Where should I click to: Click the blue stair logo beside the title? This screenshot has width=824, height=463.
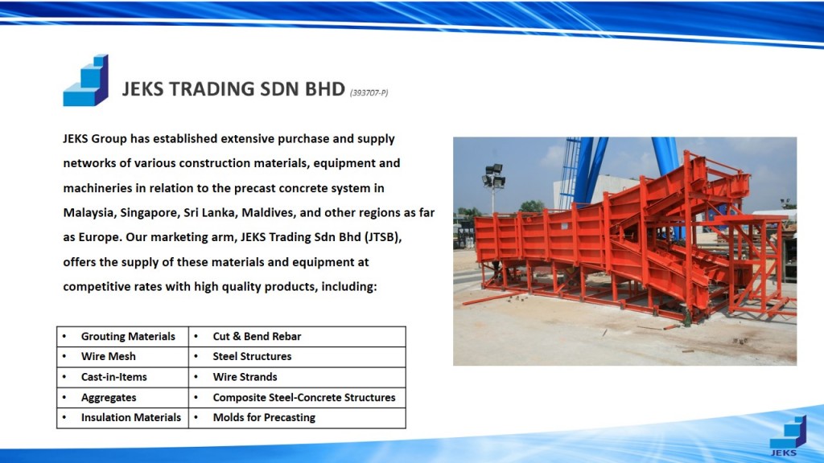pos(85,80)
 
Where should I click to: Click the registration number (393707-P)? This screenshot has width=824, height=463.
pos(369,93)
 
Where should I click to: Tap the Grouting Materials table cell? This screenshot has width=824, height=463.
pos(122,337)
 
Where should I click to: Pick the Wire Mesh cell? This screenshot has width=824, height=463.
pos(122,356)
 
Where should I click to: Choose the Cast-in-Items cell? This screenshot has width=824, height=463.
pos(122,377)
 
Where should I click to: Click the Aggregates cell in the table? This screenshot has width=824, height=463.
pos(122,397)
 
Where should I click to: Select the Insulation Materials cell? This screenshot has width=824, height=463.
pos(122,418)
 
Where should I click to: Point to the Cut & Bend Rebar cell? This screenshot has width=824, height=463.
pos(297,337)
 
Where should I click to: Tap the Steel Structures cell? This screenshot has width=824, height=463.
pos(297,356)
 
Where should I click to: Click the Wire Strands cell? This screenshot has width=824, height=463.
pos(297,377)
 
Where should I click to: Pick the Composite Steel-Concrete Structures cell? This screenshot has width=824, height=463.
pos(297,397)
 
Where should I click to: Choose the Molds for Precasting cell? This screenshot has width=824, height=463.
pos(297,418)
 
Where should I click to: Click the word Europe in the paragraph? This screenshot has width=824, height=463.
pos(100,238)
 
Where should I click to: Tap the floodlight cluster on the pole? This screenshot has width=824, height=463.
pos(494,176)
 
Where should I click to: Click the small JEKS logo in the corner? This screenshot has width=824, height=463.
pos(787,436)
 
